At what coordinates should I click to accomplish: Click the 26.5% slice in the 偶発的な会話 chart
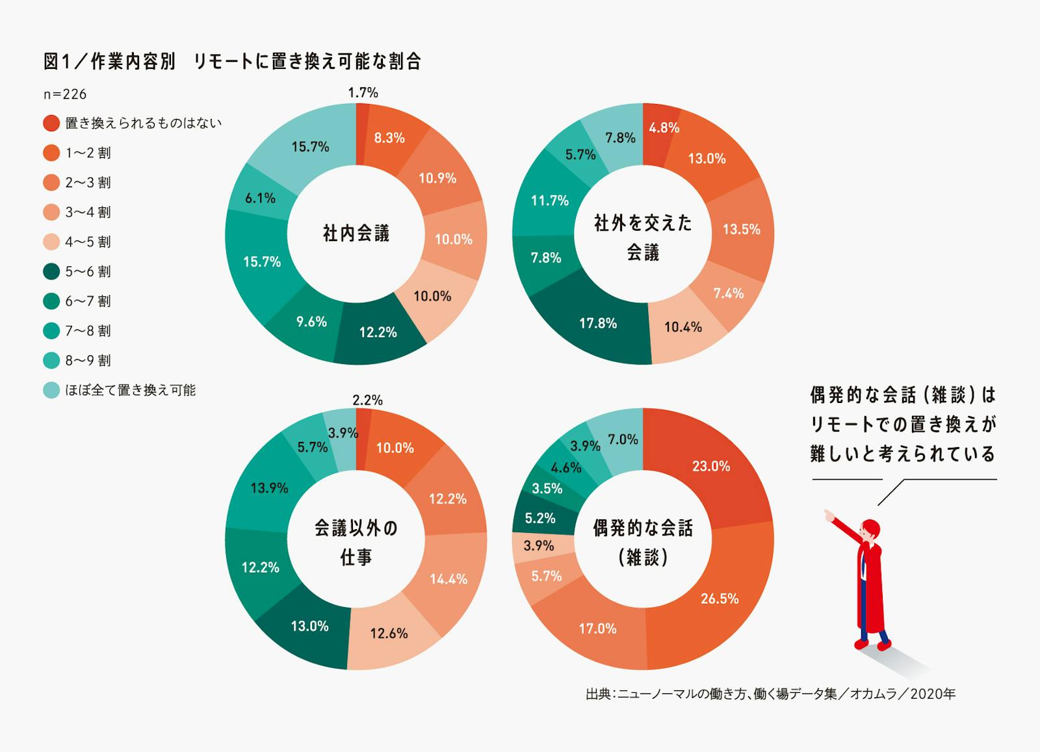pos(718,598)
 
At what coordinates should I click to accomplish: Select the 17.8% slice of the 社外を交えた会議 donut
pos(598,323)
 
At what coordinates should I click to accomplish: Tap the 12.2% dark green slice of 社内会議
pos(378,332)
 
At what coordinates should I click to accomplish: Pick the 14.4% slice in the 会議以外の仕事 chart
pos(448,578)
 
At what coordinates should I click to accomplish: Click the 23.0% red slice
pos(710,466)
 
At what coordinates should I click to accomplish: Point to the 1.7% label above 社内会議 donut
pos(363,93)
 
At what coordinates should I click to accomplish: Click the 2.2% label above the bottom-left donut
pos(367,400)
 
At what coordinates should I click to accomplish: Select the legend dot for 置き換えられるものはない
pos(51,123)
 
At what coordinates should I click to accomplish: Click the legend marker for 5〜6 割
pos(51,271)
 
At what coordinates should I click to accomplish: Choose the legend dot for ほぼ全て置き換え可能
pos(51,390)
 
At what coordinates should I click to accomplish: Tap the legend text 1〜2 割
pos(88,153)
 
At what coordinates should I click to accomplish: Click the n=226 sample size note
pos(65,94)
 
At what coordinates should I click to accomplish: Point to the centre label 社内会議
pos(356,233)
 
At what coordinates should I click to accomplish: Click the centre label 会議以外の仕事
pos(356,542)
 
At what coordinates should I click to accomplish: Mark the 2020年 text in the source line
pos(933,694)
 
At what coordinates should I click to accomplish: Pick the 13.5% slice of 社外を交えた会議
pos(741,229)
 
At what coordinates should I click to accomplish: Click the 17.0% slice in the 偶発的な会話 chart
pos(597,629)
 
